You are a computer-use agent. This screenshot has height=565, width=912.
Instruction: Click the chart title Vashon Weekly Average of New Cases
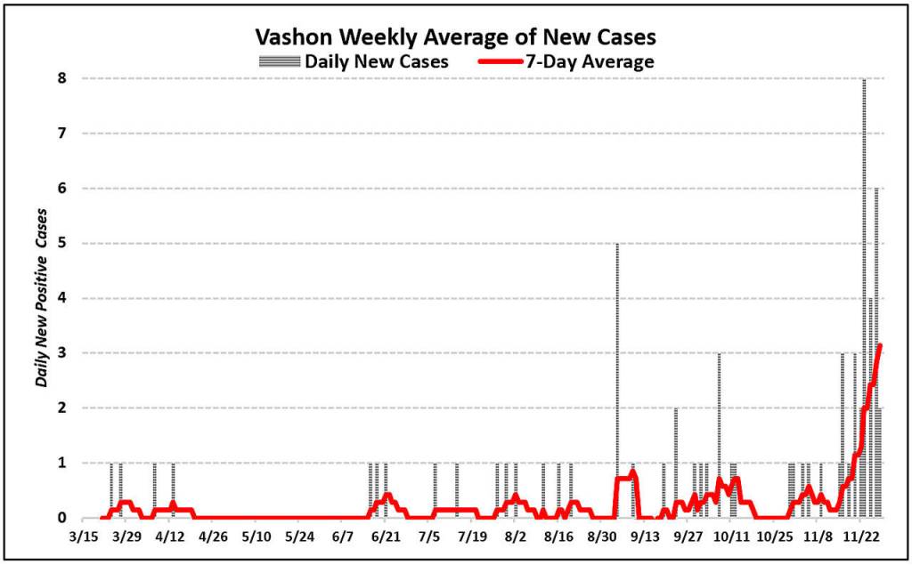455,37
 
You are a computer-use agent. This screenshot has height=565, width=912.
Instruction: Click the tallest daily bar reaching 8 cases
864,267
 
